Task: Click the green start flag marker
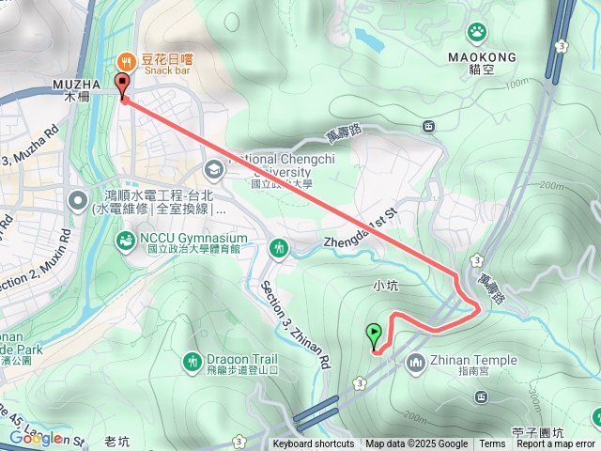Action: pos(375,334)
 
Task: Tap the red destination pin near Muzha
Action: pos(122,86)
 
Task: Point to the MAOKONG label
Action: pos(483,57)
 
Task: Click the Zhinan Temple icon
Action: pos(415,362)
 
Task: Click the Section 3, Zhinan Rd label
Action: pos(298,322)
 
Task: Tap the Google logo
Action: pos(36,438)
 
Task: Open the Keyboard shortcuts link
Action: pos(314,444)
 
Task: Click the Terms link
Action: pos(492,444)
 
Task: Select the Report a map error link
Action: pos(557,444)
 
